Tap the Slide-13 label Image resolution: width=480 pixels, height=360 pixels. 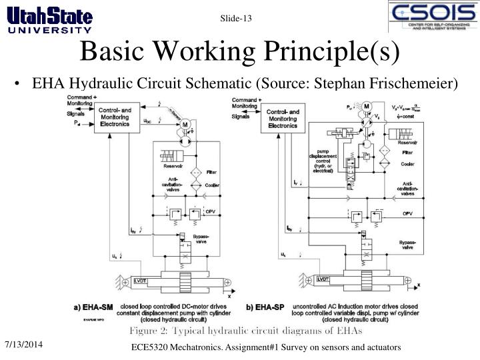tap(237, 17)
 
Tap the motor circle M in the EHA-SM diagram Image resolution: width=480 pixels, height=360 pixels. tap(186, 124)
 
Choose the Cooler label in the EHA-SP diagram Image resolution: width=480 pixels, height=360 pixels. tap(407, 163)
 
